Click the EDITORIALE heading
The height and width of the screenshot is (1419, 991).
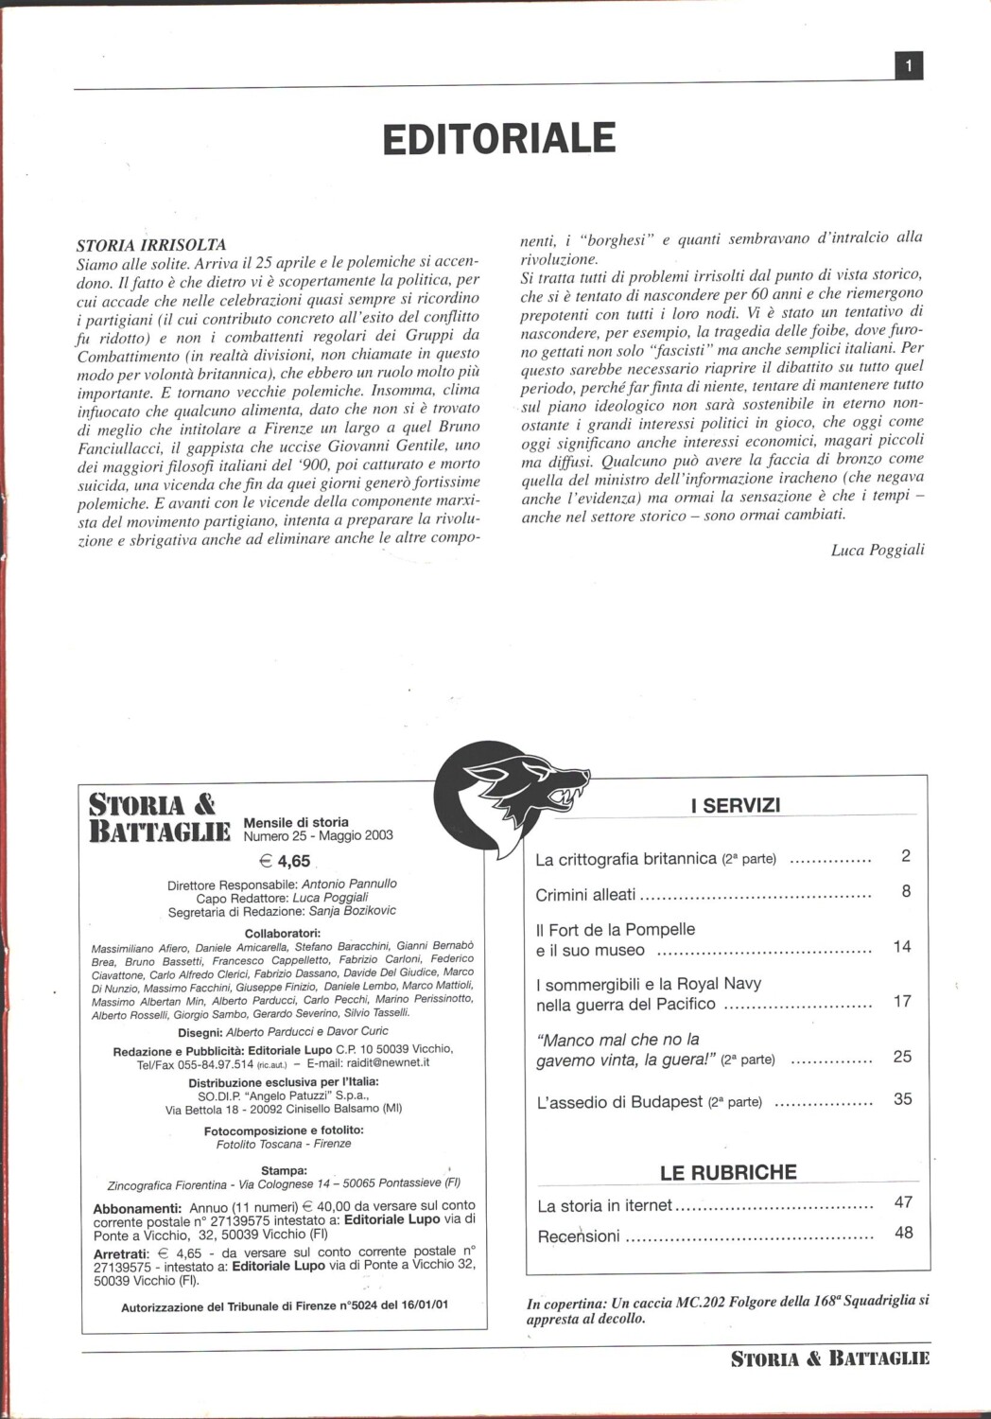(499, 138)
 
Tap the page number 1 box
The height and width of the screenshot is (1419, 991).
(909, 65)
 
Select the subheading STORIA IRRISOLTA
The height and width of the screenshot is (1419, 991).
(151, 245)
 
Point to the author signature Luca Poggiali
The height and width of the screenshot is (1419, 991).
(878, 550)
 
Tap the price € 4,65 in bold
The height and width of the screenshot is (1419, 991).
(285, 861)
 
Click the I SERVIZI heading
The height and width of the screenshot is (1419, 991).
(736, 806)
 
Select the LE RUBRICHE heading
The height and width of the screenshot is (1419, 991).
(728, 1172)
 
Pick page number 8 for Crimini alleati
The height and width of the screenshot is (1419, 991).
(906, 891)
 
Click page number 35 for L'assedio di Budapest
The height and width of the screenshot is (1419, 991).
(902, 1099)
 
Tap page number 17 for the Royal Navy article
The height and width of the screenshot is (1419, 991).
(902, 1001)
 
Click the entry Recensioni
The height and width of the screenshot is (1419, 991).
(579, 1235)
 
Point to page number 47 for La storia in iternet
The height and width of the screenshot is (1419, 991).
(903, 1202)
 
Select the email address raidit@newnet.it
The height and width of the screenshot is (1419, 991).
(385, 1062)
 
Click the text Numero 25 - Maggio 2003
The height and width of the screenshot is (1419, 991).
(319, 835)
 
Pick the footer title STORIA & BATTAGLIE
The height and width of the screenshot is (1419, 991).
(830, 1359)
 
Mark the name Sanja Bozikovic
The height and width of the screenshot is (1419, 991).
(353, 911)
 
